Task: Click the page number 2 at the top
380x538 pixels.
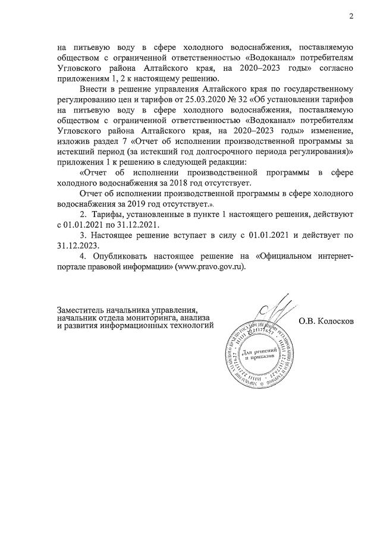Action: pyautogui.click(x=351, y=16)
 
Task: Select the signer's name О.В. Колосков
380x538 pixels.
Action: pyautogui.click(x=326, y=321)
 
